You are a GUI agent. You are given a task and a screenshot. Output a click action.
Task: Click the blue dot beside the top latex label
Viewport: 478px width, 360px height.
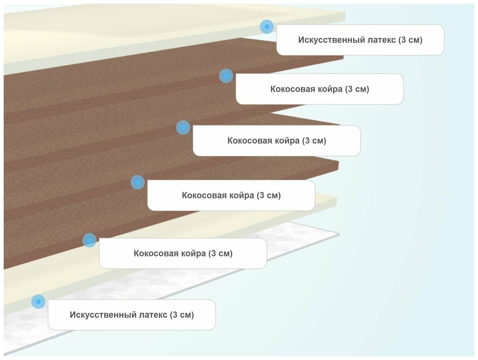267,27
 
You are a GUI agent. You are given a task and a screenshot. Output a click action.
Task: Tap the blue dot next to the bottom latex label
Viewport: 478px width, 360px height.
38,301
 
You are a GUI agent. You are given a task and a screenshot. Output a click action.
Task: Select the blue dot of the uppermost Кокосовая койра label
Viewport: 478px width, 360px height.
226,76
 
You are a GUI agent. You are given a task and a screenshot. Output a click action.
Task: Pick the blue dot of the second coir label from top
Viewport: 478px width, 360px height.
183,127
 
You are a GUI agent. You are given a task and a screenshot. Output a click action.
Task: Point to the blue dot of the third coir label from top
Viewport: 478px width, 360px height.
138,182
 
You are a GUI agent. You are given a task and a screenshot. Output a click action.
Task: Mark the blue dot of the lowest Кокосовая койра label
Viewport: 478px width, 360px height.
89,240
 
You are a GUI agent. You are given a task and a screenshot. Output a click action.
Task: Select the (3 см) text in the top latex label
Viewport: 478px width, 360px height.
411,40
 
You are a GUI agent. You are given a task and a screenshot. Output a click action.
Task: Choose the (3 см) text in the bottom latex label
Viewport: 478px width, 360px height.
182,315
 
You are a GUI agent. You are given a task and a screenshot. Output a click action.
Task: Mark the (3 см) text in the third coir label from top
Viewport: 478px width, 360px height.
269,195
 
